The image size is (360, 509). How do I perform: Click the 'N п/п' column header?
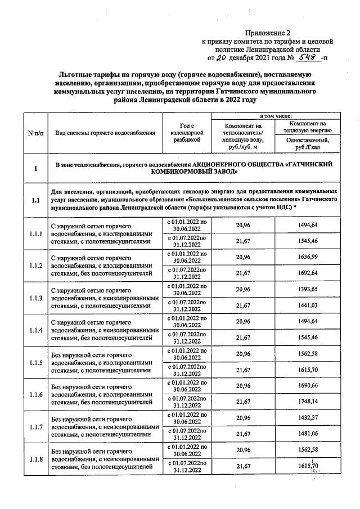[x=35, y=133]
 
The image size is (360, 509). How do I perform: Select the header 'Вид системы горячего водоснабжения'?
[x=105, y=133]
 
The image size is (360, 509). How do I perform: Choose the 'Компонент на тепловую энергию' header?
[x=308, y=127]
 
